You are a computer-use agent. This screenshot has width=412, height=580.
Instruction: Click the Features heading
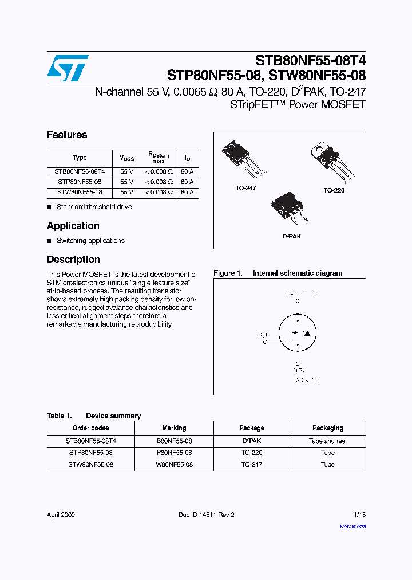tap(67, 135)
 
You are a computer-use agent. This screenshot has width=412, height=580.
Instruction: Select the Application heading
tap(73, 226)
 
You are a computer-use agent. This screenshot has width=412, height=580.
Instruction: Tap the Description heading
tap(73, 260)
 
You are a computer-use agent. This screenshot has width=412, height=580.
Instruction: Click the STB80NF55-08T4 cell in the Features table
tap(80, 171)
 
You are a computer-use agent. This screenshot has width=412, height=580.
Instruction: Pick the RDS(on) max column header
tap(159, 158)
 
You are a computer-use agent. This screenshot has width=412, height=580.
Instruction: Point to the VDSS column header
tap(126, 158)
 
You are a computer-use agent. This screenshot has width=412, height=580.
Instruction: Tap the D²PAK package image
tap(289, 209)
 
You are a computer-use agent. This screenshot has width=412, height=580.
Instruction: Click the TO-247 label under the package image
tap(245, 189)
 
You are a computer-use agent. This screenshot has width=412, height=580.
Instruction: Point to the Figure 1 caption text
tap(278, 273)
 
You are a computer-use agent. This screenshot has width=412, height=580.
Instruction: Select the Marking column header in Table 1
tap(174, 428)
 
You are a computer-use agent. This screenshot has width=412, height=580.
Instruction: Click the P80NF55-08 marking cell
tap(174, 453)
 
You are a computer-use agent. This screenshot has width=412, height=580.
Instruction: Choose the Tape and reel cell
tap(328, 441)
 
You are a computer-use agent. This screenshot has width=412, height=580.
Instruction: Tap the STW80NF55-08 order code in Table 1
tap(90, 464)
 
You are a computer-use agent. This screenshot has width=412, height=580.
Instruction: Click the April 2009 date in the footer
tap(61, 515)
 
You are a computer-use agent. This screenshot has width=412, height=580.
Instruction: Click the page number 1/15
tap(359, 515)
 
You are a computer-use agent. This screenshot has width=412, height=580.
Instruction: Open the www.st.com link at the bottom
tap(352, 526)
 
